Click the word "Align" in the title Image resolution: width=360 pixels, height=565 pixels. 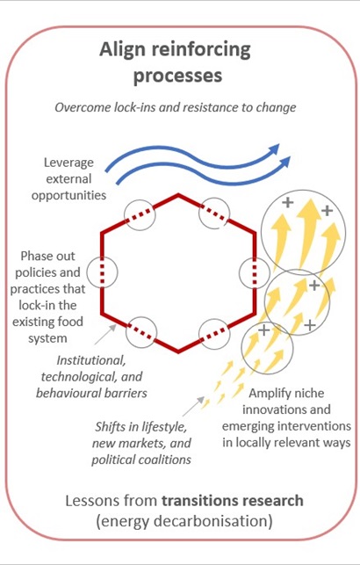click(123, 50)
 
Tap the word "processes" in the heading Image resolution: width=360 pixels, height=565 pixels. click(177, 76)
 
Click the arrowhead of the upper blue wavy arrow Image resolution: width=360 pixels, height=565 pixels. click(275, 148)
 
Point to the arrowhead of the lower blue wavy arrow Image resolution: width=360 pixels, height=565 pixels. click(285, 162)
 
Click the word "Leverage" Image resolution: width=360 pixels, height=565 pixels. click(68, 163)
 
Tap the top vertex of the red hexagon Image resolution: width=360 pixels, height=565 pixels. click(178, 195)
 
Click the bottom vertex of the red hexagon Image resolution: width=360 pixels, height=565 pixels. click(178, 351)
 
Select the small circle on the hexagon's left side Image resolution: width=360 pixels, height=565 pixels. click(102, 272)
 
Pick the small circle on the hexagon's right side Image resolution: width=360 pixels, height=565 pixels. click(255, 272)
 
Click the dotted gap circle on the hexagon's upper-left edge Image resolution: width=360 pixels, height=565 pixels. click(140, 215)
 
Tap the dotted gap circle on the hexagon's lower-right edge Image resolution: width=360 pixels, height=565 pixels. click(214, 334)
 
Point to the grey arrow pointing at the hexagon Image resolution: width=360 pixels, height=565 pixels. click(105, 335)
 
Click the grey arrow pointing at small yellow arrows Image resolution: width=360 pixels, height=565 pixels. click(193, 407)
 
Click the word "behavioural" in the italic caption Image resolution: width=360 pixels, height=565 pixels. click(66, 393)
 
